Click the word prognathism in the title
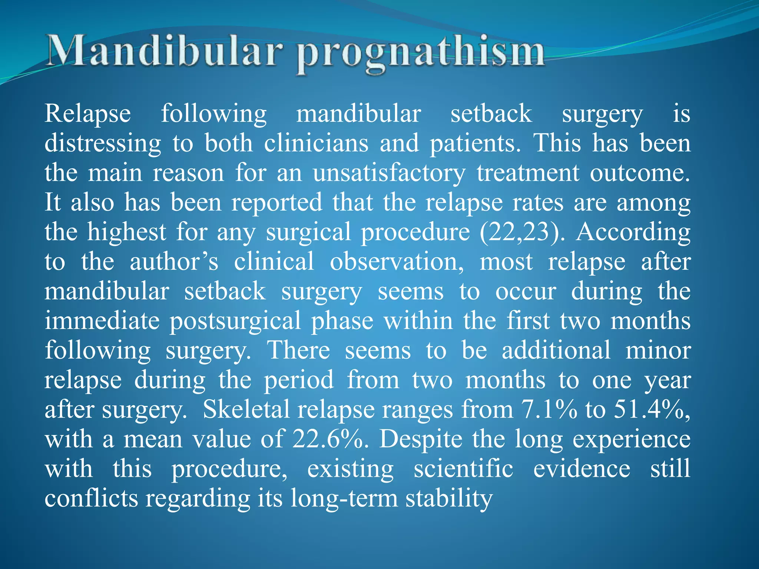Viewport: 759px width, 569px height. pyautogui.click(x=420, y=54)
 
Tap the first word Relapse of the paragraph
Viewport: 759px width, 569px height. pyautogui.click(x=87, y=113)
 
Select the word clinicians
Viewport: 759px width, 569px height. pyautogui.click(x=316, y=143)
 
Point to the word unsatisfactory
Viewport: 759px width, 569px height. pyautogui.click(x=389, y=173)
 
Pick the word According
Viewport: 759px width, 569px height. pyautogui.click(x=633, y=233)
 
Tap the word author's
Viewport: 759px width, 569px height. pyautogui.click(x=174, y=262)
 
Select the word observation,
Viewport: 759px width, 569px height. pyautogui.click(x=397, y=262)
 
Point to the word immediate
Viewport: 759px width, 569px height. pyautogui.click(x=102, y=321)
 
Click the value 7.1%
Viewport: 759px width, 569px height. pyautogui.click(x=549, y=409)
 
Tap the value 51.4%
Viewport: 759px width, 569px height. pyautogui.click(x=652, y=409)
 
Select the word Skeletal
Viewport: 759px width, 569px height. pyautogui.click(x=246, y=409)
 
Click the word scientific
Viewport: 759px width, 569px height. pyautogui.click(x=463, y=469)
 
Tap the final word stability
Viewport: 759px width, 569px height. pyautogui.click(x=449, y=499)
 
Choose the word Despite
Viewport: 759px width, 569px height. pyautogui.click(x=421, y=439)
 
